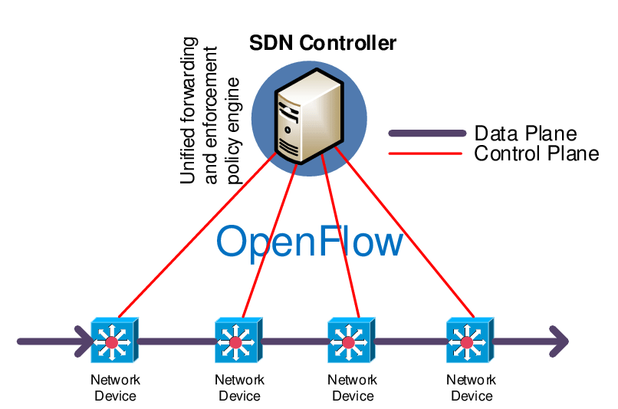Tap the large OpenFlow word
[x=309, y=242]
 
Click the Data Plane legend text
[x=525, y=134]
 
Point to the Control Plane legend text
[x=536, y=153]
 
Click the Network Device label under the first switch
[x=115, y=388]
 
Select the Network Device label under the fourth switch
[x=471, y=388]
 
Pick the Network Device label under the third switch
[x=352, y=388]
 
